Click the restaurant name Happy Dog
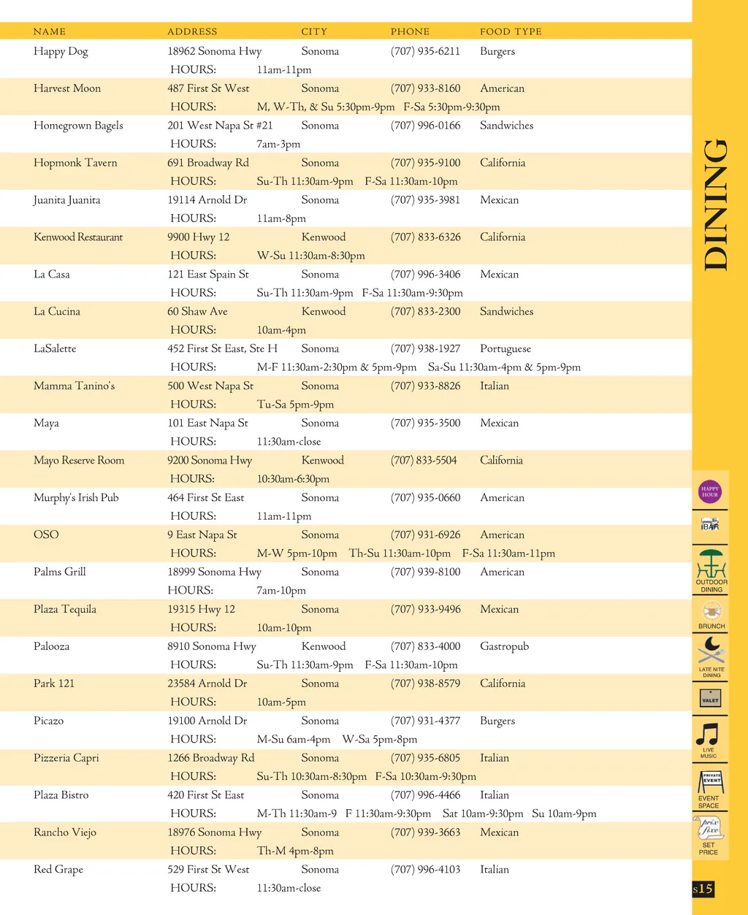(x=61, y=52)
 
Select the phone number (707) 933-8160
(x=425, y=88)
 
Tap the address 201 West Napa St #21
(x=220, y=126)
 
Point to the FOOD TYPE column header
(x=511, y=31)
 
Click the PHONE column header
(x=410, y=31)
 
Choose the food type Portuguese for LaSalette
(x=505, y=349)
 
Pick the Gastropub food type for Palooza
(x=504, y=646)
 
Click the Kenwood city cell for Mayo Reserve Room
(x=322, y=461)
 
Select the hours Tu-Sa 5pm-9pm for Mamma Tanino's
(x=295, y=405)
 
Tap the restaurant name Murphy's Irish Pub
(x=76, y=498)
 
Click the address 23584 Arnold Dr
(x=207, y=684)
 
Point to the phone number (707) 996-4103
(x=425, y=870)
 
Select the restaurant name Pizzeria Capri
(x=66, y=758)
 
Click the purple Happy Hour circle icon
(x=710, y=492)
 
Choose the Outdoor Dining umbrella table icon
(x=711, y=563)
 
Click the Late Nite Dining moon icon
(x=710, y=649)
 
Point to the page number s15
(x=703, y=889)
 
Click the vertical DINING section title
(x=716, y=205)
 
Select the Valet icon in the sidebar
(x=710, y=699)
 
